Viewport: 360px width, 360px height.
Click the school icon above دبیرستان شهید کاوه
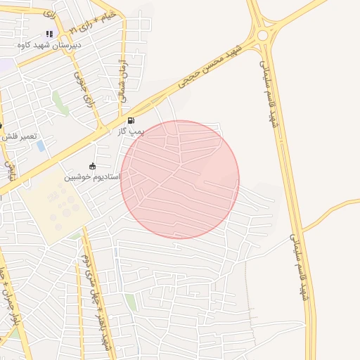click(x=49, y=34)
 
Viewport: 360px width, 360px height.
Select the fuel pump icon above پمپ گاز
click(x=131, y=121)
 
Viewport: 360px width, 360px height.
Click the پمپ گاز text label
click(x=131, y=131)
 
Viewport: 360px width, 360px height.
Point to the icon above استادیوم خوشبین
click(x=92, y=166)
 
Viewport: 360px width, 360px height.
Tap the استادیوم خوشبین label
click(x=92, y=176)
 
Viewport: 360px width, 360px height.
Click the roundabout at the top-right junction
click(x=263, y=34)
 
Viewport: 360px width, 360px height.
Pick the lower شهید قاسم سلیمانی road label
click(x=300, y=267)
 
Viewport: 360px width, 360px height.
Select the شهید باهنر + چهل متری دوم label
click(x=97, y=295)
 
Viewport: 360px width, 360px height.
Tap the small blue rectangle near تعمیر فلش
click(x=41, y=146)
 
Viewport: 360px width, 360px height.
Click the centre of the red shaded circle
click(x=180, y=179)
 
